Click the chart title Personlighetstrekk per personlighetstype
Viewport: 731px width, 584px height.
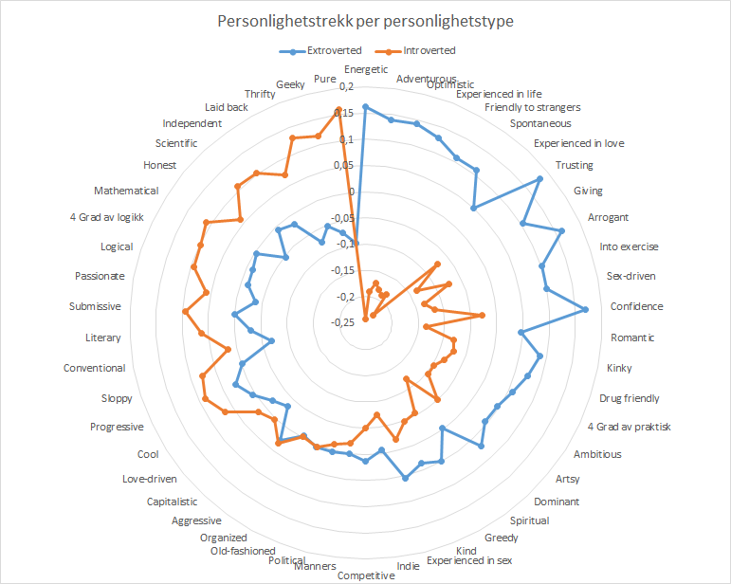(x=365, y=22)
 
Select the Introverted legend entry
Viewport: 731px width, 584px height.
(x=429, y=50)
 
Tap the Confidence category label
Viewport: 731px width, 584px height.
(x=636, y=307)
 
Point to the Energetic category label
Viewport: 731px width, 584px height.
(x=366, y=69)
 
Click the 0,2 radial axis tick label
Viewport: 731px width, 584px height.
(x=345, y=87)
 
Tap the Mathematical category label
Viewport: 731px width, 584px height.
(x=126, y=191)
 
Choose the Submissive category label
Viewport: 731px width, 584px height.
(x=95, y=307)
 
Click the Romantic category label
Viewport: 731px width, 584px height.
(x=632, y=338)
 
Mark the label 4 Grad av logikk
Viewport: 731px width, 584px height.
(x=107, y=217)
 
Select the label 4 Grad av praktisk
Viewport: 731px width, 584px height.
(x=629, y=427)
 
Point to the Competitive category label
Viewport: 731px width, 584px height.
(x=366, y=575)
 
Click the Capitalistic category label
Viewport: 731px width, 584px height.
(x=172, y=502)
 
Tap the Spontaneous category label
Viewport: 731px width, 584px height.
(x=540, y=123)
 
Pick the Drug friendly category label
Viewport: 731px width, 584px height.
(x=630, y=398)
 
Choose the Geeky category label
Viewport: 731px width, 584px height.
(x=291, y=84)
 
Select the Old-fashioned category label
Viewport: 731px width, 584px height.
(x=243, y=551)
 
